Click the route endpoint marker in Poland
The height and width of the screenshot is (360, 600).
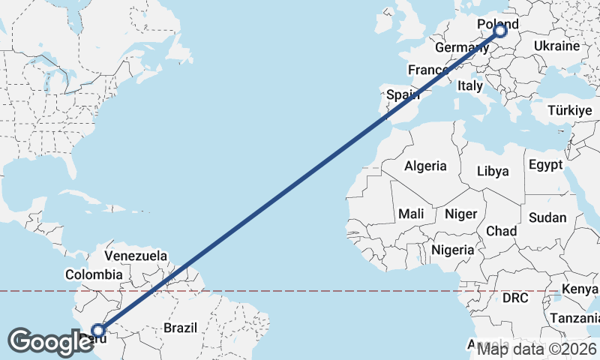(x=500, y=31)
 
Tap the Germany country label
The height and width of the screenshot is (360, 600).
(x=462, y=48)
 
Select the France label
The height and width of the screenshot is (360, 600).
(x=427, y=70)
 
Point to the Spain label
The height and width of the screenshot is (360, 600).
(x=402, y=95)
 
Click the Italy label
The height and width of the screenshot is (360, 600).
(x=470, y=86)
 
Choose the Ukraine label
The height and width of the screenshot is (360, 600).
(x=556, y=46)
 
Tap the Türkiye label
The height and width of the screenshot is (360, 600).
(x=570, y=110)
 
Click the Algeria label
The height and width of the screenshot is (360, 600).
(x=425, y=166)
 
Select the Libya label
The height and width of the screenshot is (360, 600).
(x=493, y=171)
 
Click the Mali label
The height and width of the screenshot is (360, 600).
(x=411, y=214)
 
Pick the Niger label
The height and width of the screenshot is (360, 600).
(x=460, y=214)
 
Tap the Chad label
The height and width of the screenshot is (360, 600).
(x=502, y=230)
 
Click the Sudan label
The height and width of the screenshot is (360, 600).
(x=547, y=217)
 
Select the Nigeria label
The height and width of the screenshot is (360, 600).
(x=453, y=250)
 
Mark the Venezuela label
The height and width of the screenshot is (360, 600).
(x=136, y=256)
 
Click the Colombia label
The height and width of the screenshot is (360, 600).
(x=93, y=275)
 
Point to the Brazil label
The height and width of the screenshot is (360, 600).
(x=180, y=328)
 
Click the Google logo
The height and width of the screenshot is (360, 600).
(x=50, y=342)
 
